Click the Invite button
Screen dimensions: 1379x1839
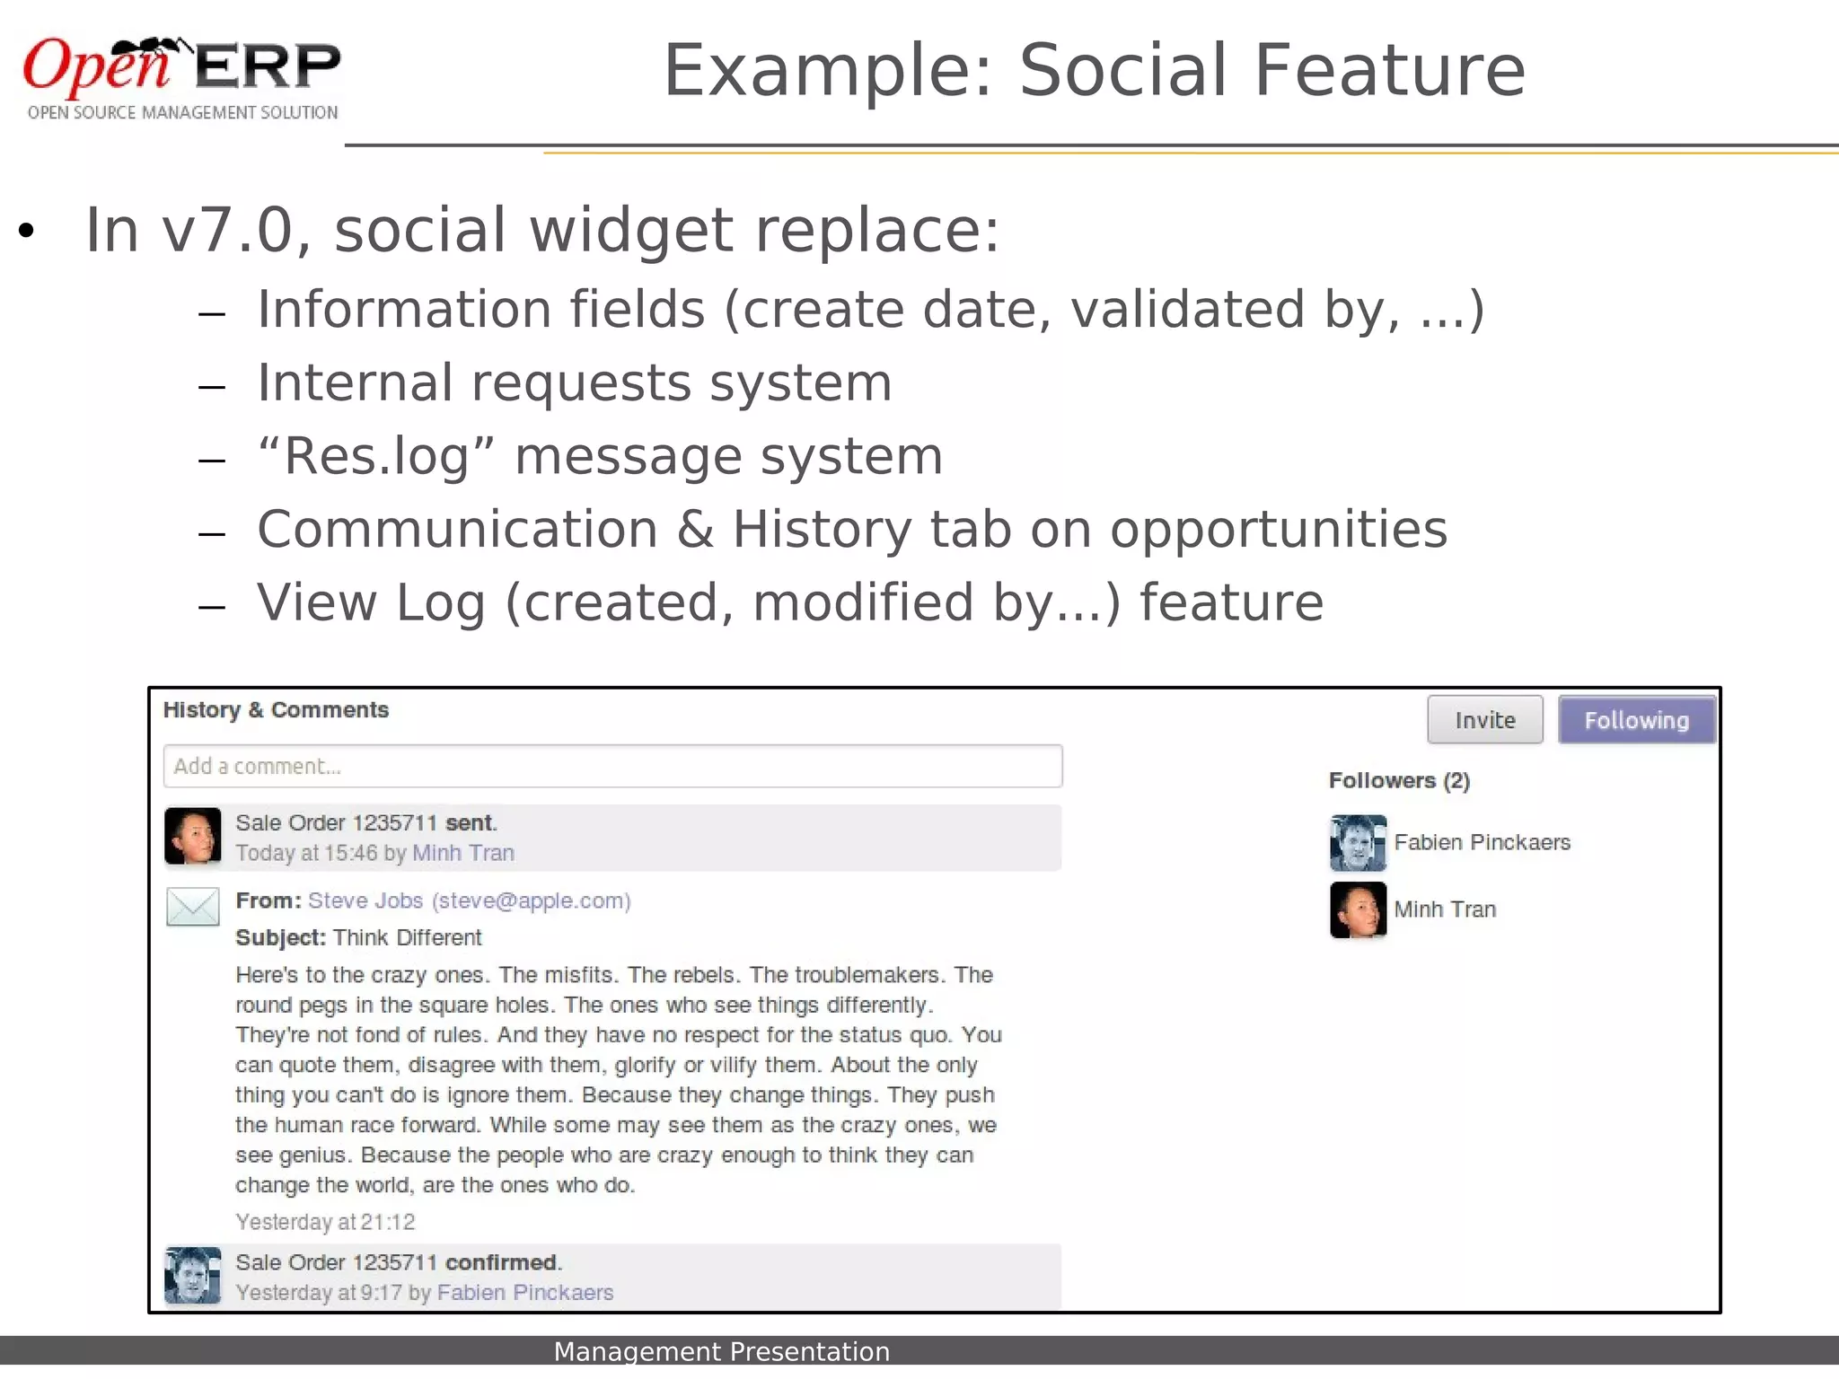1484,720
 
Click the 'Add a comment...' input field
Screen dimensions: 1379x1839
612,766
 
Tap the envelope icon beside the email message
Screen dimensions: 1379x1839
192,906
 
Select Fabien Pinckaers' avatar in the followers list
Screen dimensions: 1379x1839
1358,842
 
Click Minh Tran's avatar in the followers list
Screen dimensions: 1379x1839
1358,909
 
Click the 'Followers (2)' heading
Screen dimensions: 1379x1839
1399,780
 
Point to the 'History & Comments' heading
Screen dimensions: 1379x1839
276,710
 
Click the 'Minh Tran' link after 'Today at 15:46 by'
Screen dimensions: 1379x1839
463,853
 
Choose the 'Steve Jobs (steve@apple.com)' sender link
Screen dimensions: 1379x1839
469,900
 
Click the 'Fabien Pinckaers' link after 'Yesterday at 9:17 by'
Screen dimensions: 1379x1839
525,1293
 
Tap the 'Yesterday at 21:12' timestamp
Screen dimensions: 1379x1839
325,1222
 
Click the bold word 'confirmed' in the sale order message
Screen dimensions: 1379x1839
501,1262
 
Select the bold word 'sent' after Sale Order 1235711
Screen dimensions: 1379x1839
469,822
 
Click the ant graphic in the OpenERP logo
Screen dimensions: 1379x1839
153,48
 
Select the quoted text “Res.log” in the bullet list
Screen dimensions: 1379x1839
375,456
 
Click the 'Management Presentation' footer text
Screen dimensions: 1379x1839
721,1351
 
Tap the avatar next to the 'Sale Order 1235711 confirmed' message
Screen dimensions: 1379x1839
192,1275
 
